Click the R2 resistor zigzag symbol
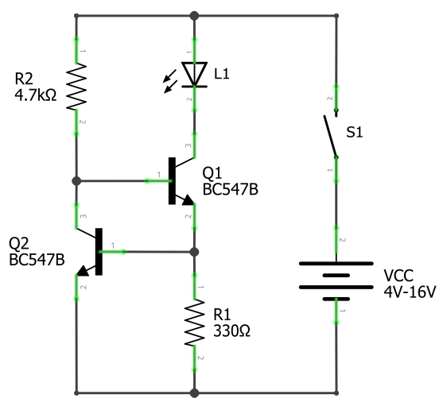tap(76, 87)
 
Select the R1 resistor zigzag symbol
tap(194, 322)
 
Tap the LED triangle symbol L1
tap(194, 74)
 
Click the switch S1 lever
tap(329, 135)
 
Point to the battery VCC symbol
tap(336, 279)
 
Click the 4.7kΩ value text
tap(35, 94)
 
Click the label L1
tap(222, 74)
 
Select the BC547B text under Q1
tap(231, 188)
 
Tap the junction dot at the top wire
tap(194, 15)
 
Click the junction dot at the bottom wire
tap(194, 393)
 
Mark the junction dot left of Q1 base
tap(76, 181)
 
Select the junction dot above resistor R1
tap(194, 252)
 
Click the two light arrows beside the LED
tap(169, 80)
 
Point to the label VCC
tap(398, 276)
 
